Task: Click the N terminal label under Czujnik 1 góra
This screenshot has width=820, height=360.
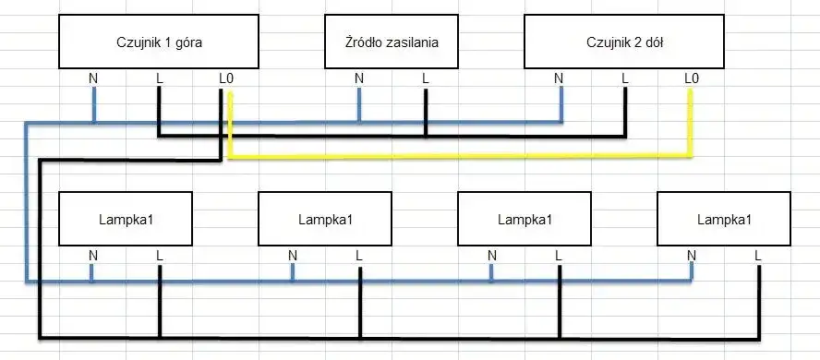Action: click(x=93, y=78)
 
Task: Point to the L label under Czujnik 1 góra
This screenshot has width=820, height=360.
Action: click(x=160, y=78)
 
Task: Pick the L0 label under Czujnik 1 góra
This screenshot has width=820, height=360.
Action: click(x=226, y=78)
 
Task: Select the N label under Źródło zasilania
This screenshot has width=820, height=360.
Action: click(x=359, y=78)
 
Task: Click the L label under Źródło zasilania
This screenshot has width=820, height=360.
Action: click(x=426, y=78)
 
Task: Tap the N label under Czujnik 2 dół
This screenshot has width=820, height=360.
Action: click(x=559, y=78)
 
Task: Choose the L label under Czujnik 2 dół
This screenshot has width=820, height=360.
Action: click(x=625, y=78)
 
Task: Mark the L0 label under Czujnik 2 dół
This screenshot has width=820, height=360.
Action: click(x=691, y=78)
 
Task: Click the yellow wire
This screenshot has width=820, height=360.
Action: click(x=462, y=156)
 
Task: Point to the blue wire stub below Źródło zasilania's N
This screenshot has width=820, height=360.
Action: click(x=359, y=104)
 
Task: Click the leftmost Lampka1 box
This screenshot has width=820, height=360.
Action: click(x=126, y=219)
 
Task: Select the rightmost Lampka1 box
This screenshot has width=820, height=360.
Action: click(x=724, y=219)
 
